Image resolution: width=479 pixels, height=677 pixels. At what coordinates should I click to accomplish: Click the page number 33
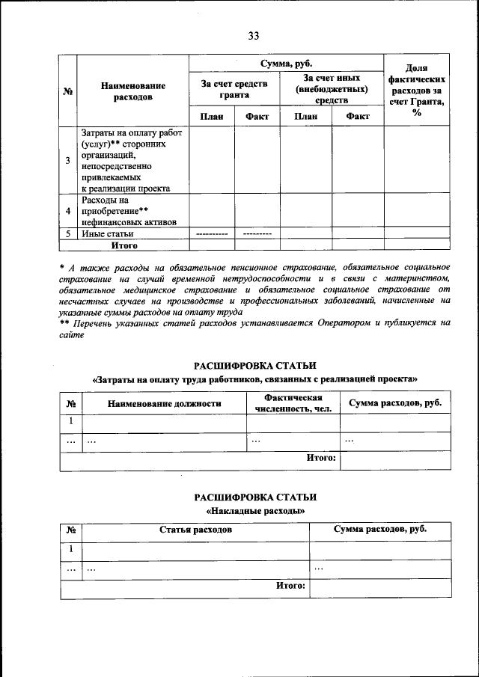[254, 36]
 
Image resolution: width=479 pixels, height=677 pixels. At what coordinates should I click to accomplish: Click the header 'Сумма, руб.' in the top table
[285, 64]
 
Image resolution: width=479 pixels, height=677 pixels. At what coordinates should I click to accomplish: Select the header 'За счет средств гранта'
[234, 90]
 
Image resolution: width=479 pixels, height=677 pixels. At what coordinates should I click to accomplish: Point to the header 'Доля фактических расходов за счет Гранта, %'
[417, 90]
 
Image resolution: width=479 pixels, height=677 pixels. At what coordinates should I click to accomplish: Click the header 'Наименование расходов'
[132, 91]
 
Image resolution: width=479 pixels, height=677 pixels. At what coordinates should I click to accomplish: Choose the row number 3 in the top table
[68, 161]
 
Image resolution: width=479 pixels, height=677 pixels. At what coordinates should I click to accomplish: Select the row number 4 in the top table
[68, 211]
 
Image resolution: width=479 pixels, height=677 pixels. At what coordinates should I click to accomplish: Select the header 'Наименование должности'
[164, 403]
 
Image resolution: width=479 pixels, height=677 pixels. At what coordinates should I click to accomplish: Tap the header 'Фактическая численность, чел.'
[293, 403]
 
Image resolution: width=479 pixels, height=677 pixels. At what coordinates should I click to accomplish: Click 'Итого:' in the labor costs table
[322, 457]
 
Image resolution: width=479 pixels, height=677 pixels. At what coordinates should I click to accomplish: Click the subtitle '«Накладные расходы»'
[255, 510]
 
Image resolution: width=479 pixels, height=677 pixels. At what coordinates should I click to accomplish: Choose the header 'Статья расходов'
[195, 530]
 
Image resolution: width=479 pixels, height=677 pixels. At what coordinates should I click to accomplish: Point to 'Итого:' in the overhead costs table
[292, 586]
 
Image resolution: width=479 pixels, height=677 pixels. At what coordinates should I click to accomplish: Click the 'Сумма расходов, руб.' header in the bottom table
[380, 530]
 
